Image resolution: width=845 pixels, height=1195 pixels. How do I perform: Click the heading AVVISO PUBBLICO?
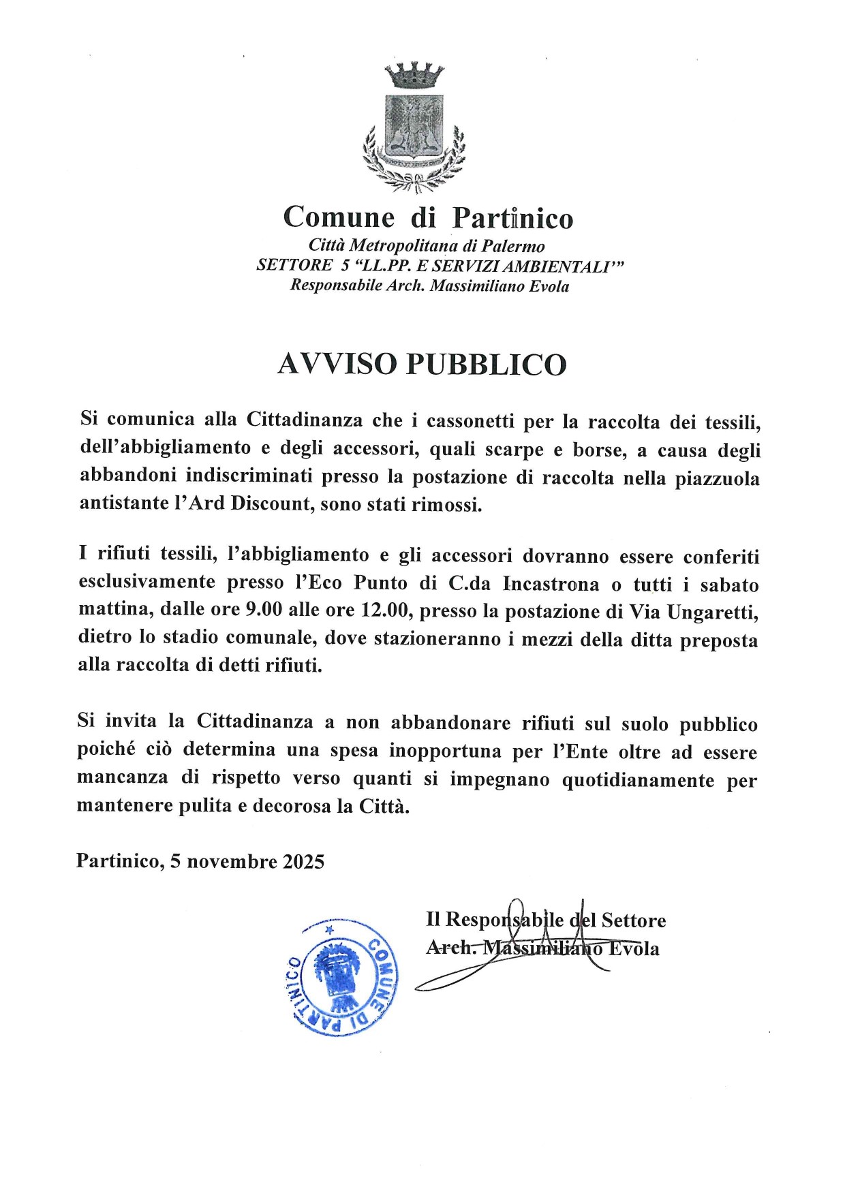click(422, 364)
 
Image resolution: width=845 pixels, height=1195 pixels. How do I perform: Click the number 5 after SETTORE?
click(345, 266)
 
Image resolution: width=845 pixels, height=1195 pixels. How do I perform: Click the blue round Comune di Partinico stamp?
click(340, 976)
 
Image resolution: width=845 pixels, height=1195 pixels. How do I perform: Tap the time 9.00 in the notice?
click(263, 609)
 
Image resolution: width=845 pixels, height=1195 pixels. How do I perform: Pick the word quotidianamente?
click(638, 780)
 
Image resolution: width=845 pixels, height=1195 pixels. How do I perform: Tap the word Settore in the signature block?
click(633, 920)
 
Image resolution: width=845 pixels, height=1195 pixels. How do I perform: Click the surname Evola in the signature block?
click(634, 949)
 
